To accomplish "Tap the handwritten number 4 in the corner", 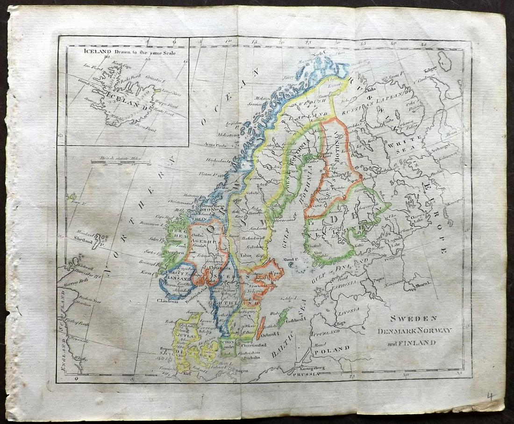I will point(490,396).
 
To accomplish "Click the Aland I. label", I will point(290,259).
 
